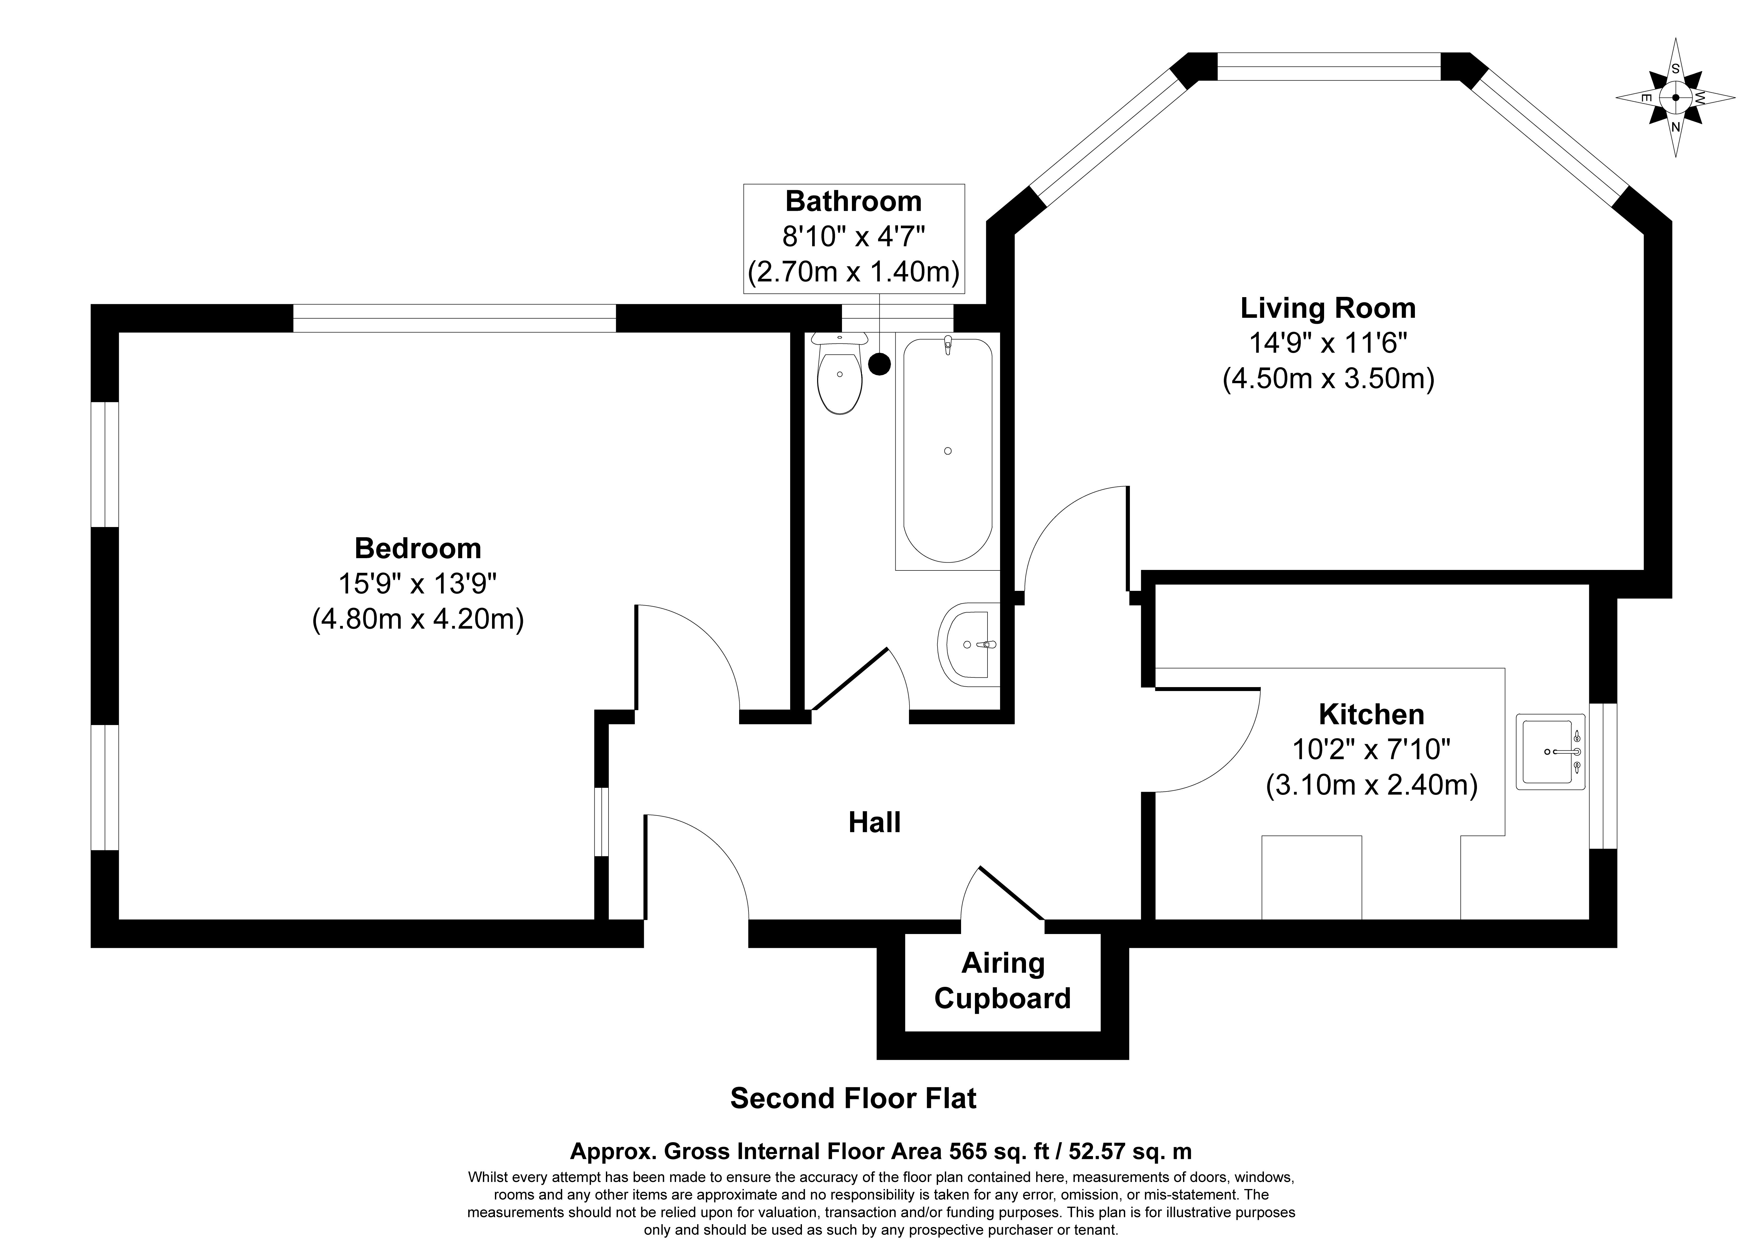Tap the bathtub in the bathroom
point(947,451)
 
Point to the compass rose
point(1676,98)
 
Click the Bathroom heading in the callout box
point(853,201)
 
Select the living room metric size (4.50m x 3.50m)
point(1328,379)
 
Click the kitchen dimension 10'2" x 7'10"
point(1371,749)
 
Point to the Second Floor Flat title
point(853,1098)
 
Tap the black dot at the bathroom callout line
point(879,364)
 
